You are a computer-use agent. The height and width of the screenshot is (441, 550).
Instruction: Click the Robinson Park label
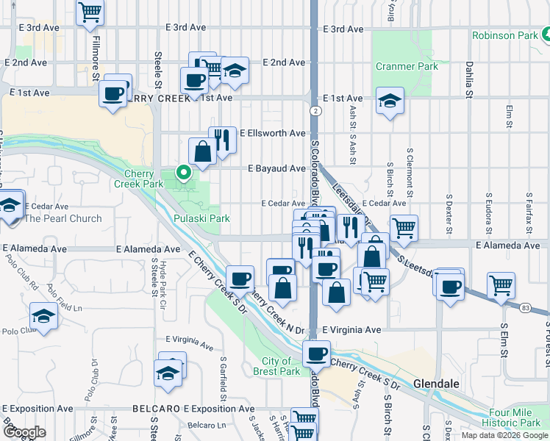click(x=507, y=35)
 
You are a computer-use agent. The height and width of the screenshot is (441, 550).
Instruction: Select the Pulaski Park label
click(x=201, y=218)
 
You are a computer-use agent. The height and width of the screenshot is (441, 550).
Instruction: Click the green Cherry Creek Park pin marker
click(x=183, y=173)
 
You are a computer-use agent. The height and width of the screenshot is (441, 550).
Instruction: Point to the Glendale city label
click(x=436, y=384)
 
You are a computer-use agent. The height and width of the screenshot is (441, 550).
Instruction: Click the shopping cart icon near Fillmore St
click(x=90, y=11)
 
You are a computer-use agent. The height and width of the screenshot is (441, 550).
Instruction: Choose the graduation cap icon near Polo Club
click(x=44, y=318)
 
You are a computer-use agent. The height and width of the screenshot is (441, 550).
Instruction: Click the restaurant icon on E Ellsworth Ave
click(x=222, y=139)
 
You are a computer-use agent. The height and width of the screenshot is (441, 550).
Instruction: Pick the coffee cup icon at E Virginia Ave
click(x=317, y=354)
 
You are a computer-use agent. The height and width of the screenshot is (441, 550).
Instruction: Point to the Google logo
click(x=24, y=432)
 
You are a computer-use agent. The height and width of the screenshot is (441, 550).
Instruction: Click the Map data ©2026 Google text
click(x=505, y=435)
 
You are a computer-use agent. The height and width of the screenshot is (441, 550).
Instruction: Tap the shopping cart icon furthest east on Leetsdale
click(x=501, y=284)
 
